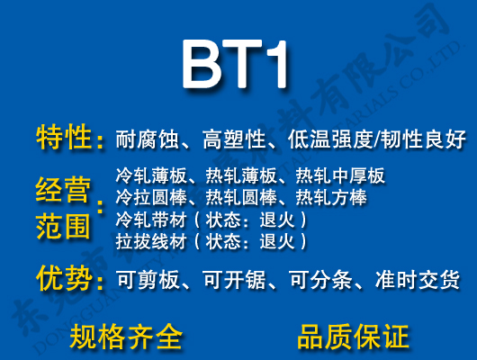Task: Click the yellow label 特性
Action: click(x=64, y=139)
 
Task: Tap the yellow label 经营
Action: click(x=64, y=190)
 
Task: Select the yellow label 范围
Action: click(x=64, y=224)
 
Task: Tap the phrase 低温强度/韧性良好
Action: click(x=377, y=140)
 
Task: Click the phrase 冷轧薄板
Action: click(x=147, y=175)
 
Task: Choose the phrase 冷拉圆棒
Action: click(x=147, y=197)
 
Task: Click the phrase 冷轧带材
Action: click(x=147, y=220)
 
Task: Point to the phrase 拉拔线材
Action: click(x=147, y=241)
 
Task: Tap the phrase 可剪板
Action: click(x=143, y=280)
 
